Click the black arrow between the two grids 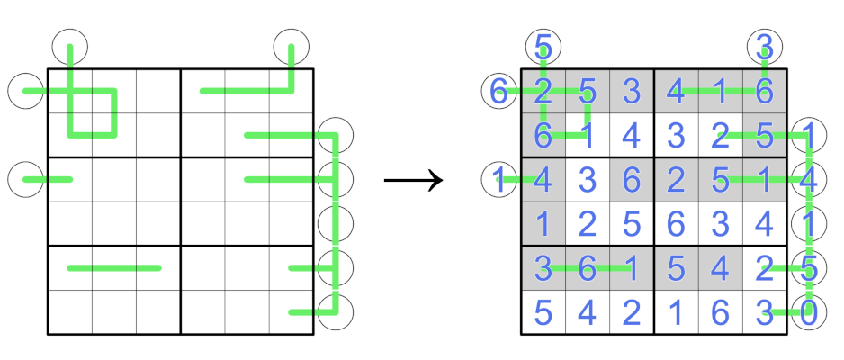coord(414,180)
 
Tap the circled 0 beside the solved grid coord(808,312)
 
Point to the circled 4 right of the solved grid coord(808,179)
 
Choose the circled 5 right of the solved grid coord(808,267)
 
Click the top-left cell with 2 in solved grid coord(543,91)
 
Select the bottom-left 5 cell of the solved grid coord(543,312)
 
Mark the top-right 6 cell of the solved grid coord(764,91)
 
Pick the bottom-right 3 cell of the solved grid coord(764,312)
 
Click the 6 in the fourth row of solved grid coord(676,223)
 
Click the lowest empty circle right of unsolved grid coord(336,312)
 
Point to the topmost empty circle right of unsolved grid coord(336,135)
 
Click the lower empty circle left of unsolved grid coord(25,179)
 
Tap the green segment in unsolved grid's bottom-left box coord(114,267)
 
